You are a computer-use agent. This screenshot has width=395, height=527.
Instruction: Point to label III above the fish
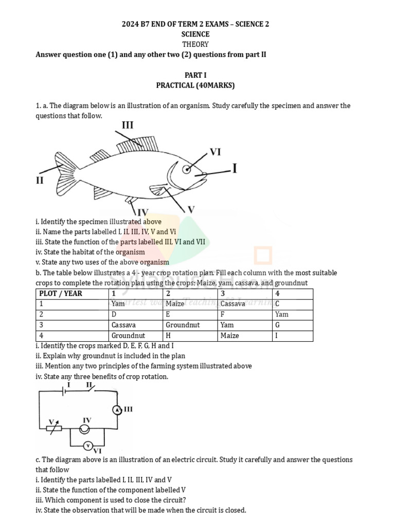pyautogui.click(x=128, y=125)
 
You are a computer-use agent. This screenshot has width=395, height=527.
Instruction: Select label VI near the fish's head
pyautogui.click(x=215, y=152)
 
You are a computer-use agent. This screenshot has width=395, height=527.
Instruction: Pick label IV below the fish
pyautogui.click(x=142, y=212)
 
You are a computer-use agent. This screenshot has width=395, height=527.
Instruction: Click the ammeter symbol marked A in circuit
pyautogui.click(x=117, y=409)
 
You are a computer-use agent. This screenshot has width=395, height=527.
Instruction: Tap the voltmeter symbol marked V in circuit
pyautogui.click(x=88, y=445)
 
